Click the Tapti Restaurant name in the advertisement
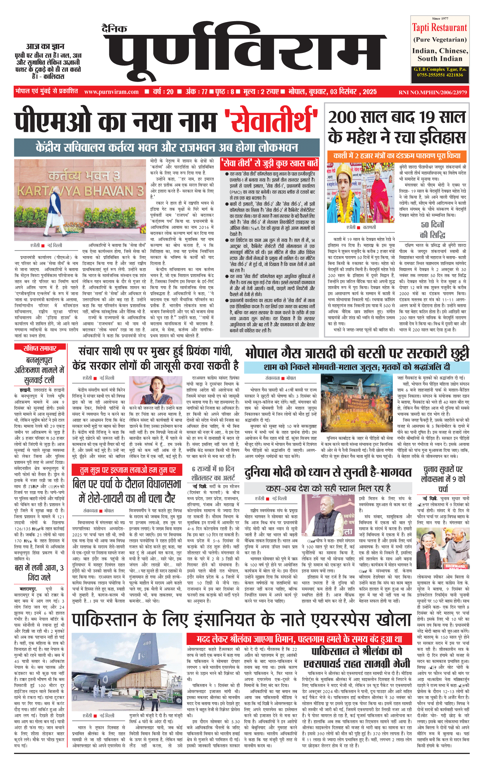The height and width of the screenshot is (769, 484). (x=439, y=28)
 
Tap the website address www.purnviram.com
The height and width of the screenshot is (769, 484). (x=111, y=92)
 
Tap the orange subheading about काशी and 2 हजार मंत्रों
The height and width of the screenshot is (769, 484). (x=397, y=156)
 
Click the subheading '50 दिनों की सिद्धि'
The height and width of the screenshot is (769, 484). (x=432, y=230)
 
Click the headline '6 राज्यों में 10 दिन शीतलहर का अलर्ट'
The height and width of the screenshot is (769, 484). (x=213, y=473)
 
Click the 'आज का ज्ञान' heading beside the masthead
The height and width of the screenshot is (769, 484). (x=45, y=46)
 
